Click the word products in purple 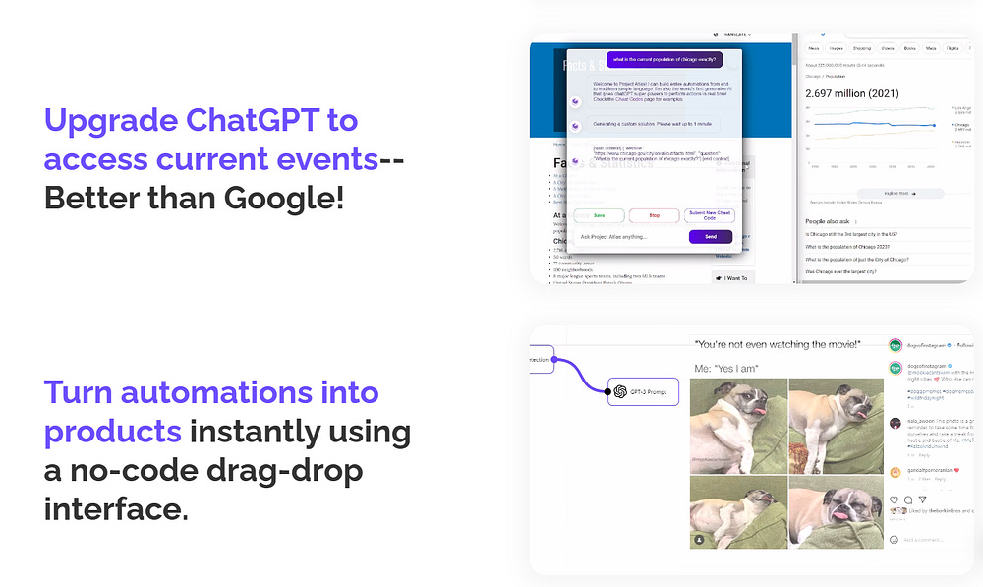112,433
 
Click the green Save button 599,214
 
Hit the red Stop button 654,214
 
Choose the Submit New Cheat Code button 710,214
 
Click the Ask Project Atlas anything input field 629,236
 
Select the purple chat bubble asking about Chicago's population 664,59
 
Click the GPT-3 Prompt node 644,391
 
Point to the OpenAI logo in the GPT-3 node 621,391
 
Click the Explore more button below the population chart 899,194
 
